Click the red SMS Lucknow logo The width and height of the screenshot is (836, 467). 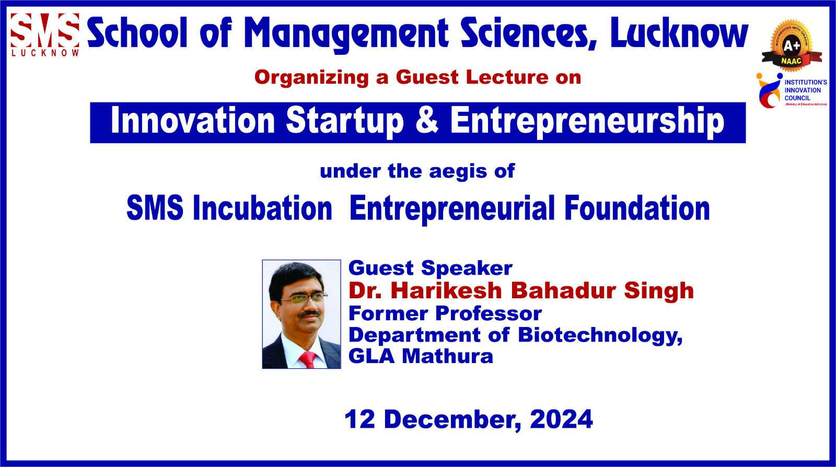click(45, 34)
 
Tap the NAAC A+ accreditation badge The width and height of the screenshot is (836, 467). click(792, 45)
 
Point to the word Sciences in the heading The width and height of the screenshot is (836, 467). click(529, 33)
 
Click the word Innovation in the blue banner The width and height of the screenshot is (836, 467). click(193, 121)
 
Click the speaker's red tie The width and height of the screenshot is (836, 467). click(308, 360)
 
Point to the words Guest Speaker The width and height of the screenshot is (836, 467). click(431, 268)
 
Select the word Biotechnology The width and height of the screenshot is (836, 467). click(600, 335)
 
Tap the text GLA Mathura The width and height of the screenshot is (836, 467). click(421, 356)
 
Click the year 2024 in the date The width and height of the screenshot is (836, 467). click(561, 419)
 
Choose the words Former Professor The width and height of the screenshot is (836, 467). click(445, 313)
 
